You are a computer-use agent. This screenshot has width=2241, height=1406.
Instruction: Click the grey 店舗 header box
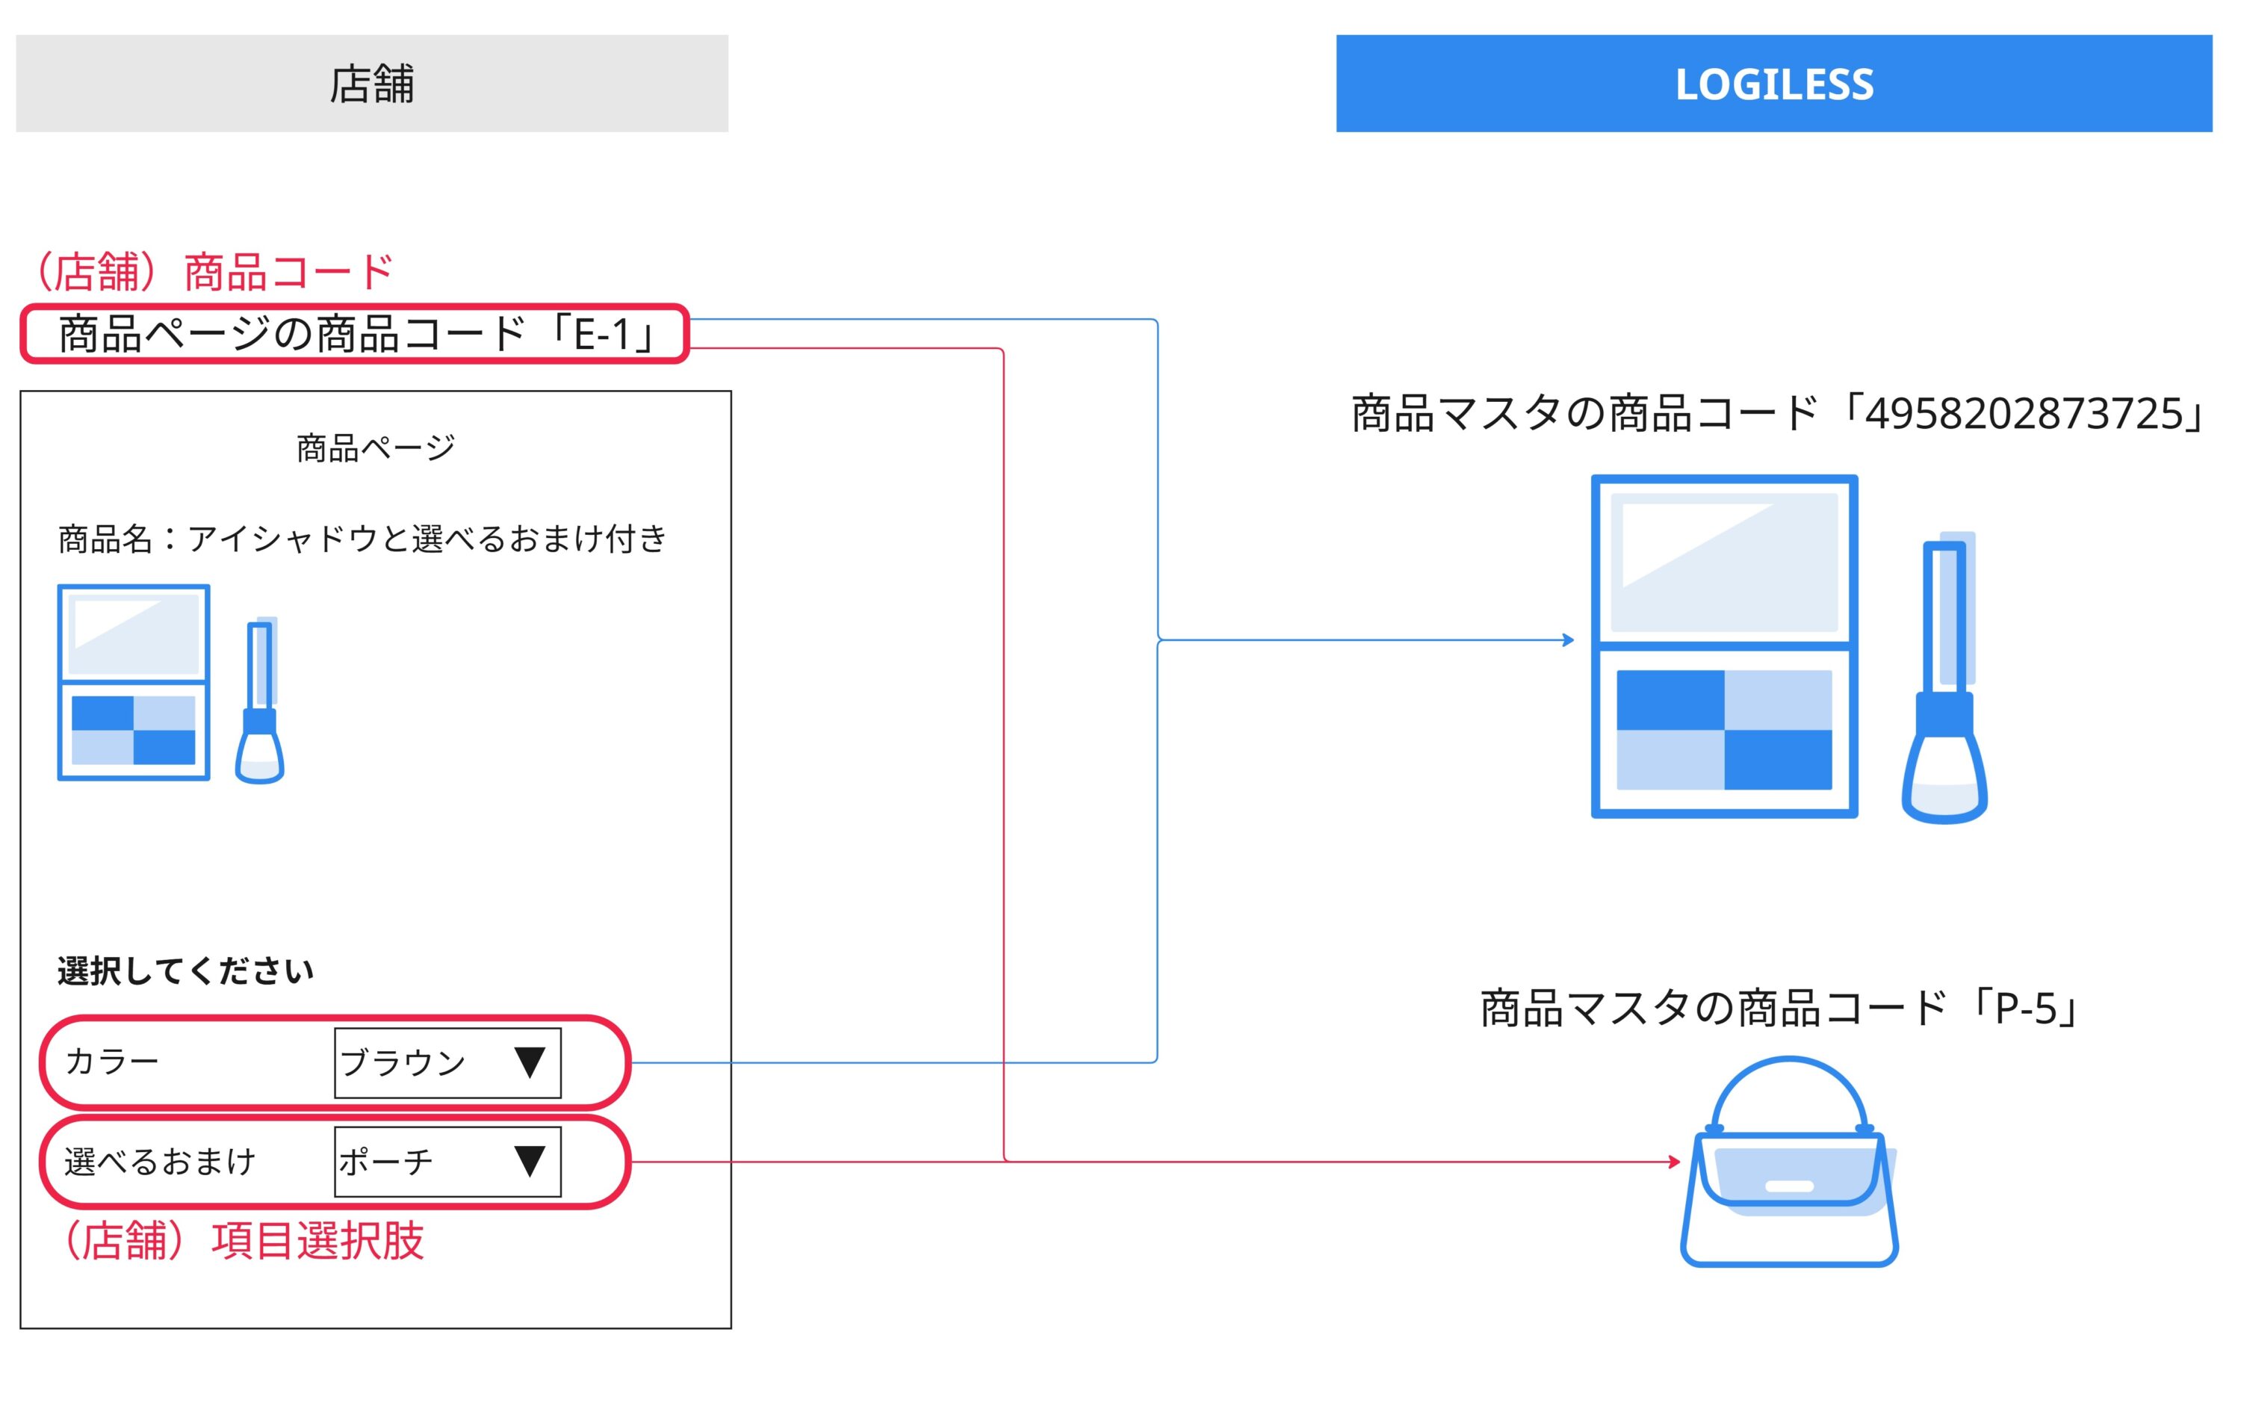(x=372, y=84)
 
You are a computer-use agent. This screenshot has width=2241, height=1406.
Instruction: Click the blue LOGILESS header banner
(x=1773, y=84)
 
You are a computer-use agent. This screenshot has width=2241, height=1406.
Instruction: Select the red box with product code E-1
(x=354, y=334)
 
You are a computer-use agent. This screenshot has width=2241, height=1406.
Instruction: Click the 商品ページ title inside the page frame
(x=376, y=448)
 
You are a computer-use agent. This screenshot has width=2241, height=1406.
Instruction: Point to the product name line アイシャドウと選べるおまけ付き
(x=362, y=539)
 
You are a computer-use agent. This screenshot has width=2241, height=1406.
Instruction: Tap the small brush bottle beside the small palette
(x=261, y=703)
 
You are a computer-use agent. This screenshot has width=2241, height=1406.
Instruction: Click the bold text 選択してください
(x=186, y=970)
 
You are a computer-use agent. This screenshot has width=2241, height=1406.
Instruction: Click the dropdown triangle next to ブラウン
(x=529, y=1062)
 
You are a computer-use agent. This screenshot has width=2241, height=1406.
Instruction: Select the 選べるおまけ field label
(x=159, y=1162)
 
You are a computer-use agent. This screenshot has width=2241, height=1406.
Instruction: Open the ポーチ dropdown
(x=447, y=1162)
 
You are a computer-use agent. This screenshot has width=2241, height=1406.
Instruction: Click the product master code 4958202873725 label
(x=1776, y=414)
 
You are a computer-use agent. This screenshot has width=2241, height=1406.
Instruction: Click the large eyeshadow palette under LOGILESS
(x=1724, y=647)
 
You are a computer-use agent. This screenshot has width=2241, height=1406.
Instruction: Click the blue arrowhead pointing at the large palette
(x=1568, y=639)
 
